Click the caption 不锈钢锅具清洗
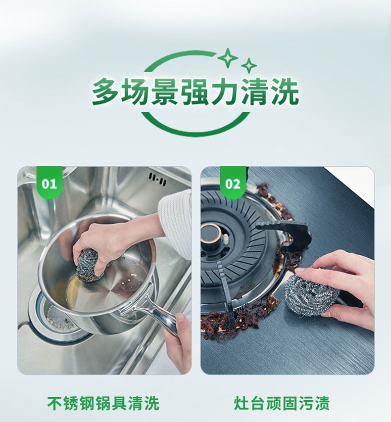coord(103,403)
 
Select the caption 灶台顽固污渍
coord(282,403)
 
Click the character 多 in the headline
coord(105,92)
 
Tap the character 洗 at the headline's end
coord(285,92)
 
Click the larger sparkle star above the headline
coord(228,58)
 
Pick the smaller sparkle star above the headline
coord(249,66)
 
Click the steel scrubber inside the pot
coord(89,266)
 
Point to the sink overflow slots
coord(157,179)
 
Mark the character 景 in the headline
coord(165,92)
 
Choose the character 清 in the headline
coord(255,92)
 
